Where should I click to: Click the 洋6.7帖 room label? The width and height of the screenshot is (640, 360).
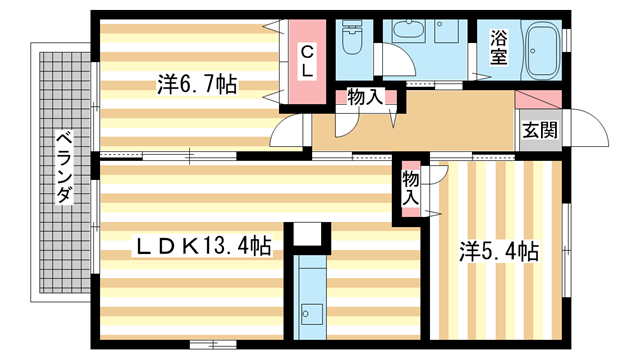pos(196,86)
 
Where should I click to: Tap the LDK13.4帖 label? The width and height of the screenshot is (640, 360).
pos(204,244)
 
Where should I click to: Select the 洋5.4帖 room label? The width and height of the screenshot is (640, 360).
pos(499,251)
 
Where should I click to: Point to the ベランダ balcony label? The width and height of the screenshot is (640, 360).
pos(62,167)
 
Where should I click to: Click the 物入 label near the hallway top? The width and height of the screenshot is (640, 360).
pos(364,97)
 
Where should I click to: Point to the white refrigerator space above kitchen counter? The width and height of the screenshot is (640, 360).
pos(310,235)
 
